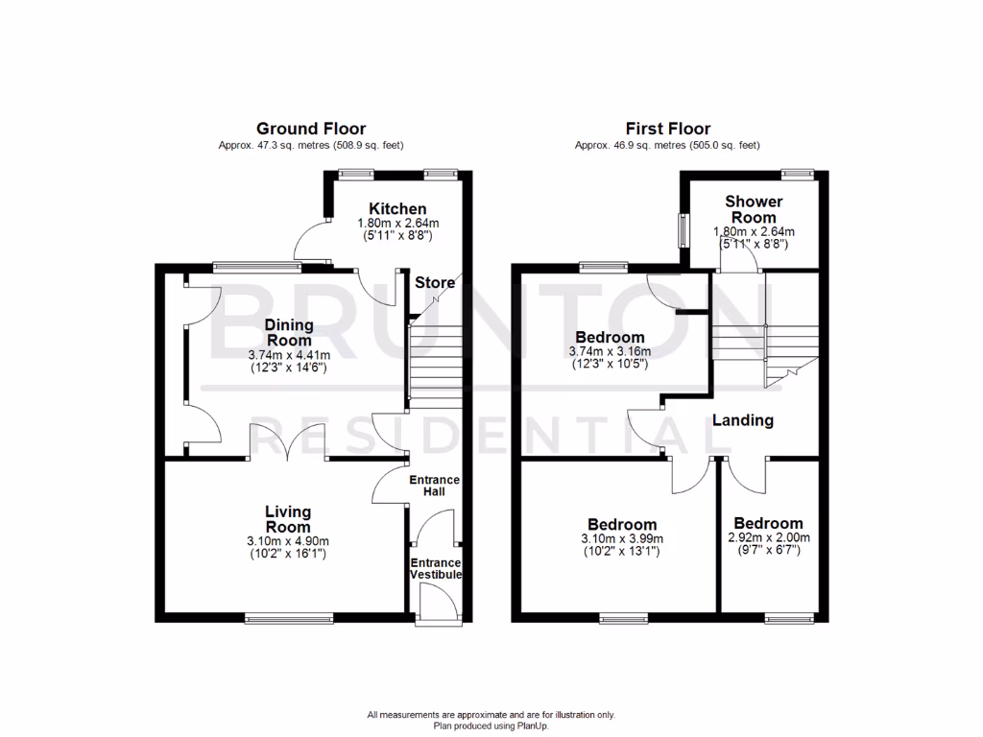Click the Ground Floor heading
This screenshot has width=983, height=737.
point(310,129)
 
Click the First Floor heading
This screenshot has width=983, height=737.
point(667,129)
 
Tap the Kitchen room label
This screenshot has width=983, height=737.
point(397,208)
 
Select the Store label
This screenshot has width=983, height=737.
point(434,282)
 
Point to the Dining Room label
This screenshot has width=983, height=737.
point(288,333)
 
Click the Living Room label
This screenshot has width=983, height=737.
point(288,519)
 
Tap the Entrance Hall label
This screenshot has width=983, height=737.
point(435,486)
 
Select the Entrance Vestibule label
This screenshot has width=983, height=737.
point(436,568)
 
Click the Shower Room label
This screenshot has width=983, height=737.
point(754,209)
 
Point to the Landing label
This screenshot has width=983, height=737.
point(742,420)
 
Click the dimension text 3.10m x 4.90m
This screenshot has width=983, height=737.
point(288,541)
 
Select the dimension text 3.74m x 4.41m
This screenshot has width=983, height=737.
point(288,354)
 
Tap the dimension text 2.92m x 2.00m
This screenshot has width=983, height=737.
point(768,537)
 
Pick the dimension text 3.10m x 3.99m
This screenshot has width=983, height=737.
point(622,539)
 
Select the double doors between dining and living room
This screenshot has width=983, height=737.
point(288,443)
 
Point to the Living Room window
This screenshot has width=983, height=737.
point(288,618)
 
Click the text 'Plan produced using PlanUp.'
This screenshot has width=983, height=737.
point(491,726)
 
